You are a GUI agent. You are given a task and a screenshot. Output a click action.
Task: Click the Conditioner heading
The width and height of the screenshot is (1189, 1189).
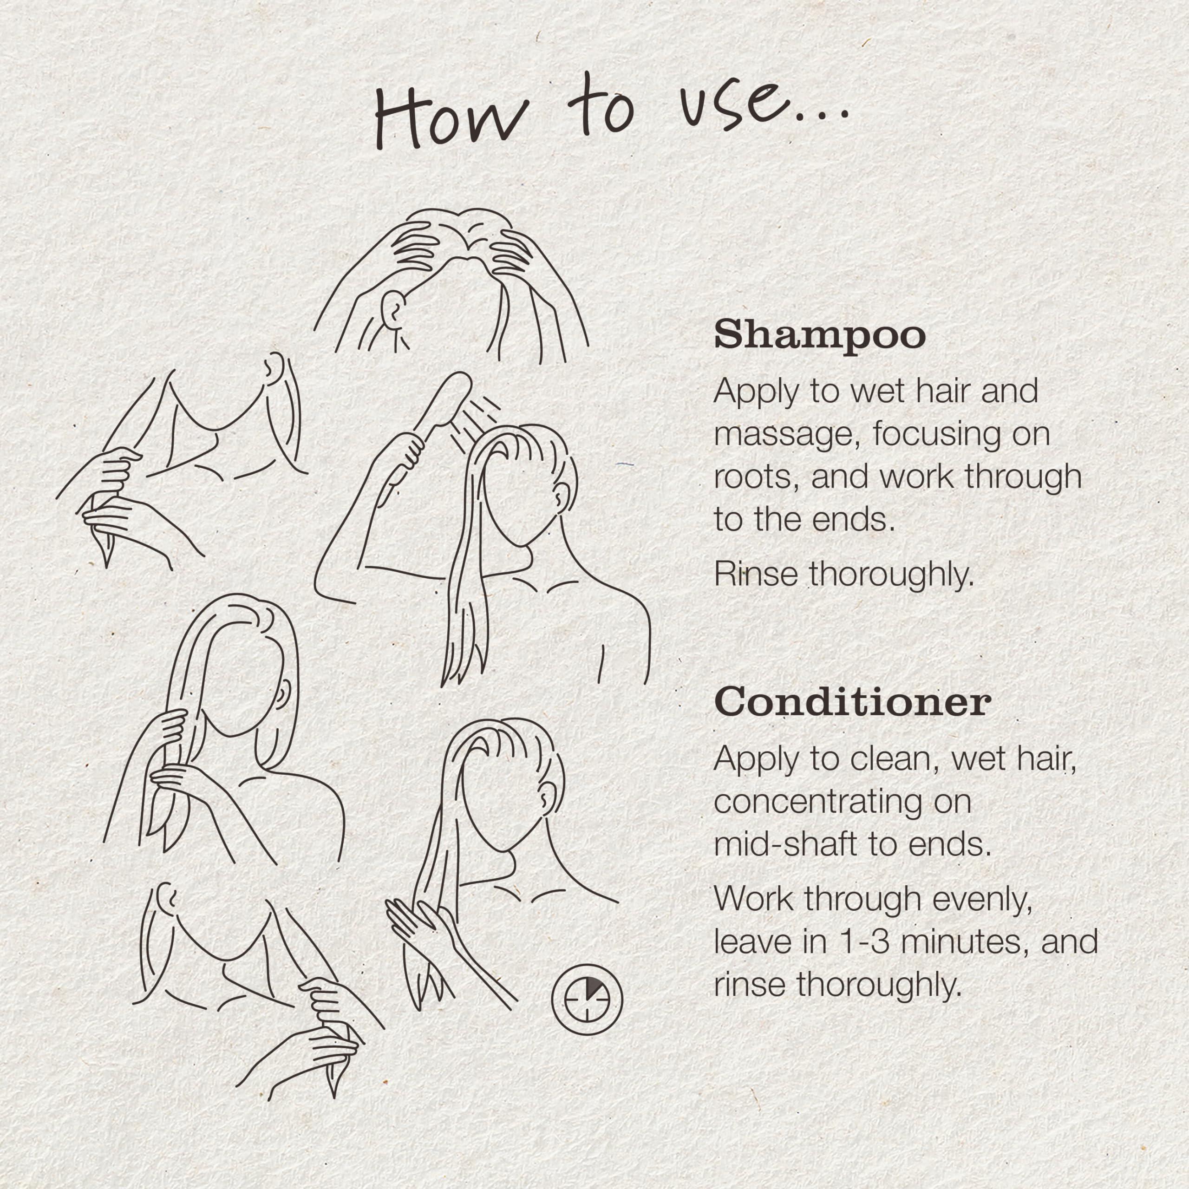[x=852, y=702]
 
